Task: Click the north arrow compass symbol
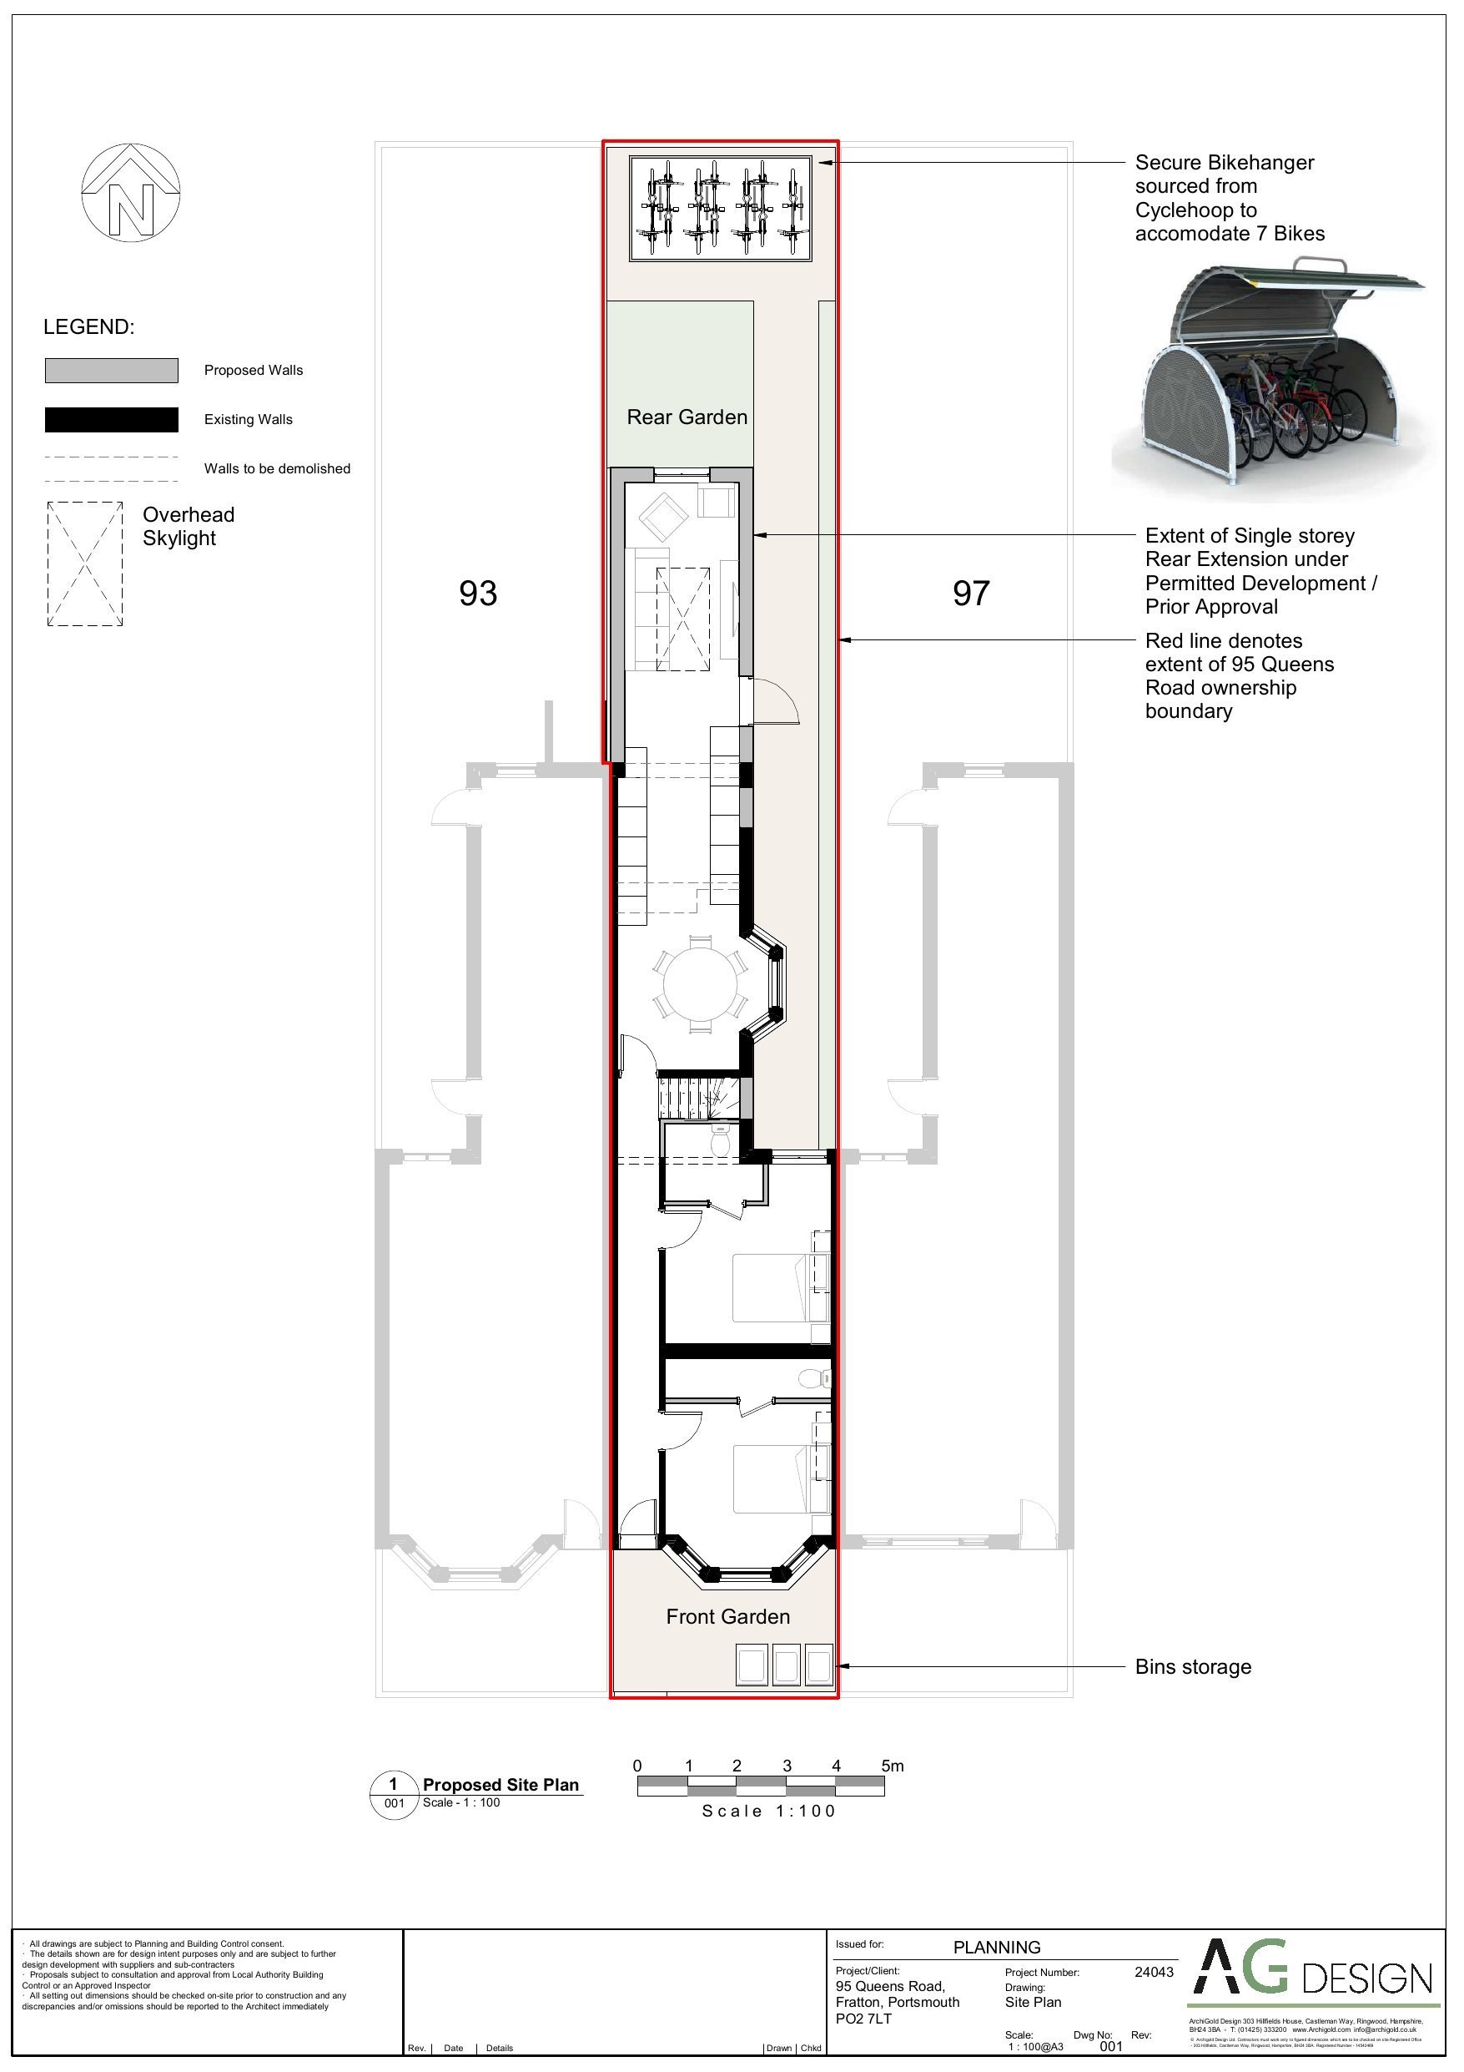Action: (131, 192)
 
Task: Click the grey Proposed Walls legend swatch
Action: (112, 370)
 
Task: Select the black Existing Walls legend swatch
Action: (112, 420)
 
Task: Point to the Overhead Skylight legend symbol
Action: (85, 564)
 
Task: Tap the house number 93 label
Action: (477, 593)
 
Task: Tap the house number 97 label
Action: (971, 593)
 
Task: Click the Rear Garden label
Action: (687, 417)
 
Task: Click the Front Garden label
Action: (727, 1616)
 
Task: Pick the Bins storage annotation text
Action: (1193, 1667)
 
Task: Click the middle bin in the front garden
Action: (786, 1665)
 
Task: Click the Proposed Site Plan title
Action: (501, 1784)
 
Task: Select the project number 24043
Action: (1154, 1972)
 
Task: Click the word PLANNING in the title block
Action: (996, 1948)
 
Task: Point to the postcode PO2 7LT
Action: (863, 2019)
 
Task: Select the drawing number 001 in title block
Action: (1111, 2047)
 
